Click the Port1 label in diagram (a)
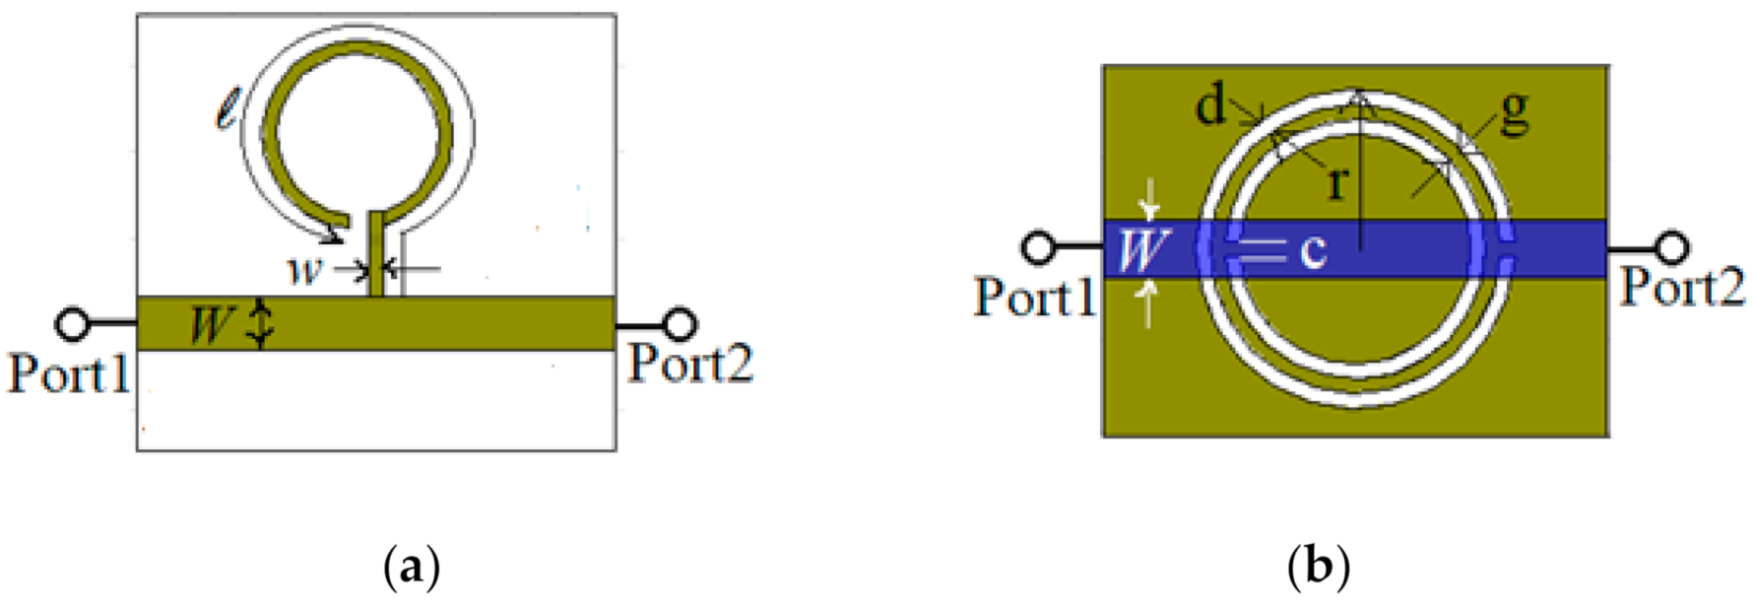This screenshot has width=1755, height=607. [x=69, y=374]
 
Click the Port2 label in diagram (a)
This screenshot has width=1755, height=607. [x=690, y=364]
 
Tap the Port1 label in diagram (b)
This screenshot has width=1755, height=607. [x=1035, y=297]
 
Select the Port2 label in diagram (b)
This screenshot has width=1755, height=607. [x=1682, y=287]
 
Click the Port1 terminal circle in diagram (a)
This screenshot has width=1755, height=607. [x=72, y=323]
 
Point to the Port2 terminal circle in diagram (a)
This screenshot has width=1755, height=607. [x=679, y=323]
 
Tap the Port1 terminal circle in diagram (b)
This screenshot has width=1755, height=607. [x=1038, y=247]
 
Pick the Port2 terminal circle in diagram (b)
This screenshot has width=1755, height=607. [x=1671, y=247]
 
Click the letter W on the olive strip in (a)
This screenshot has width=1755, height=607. [x=212, y=323]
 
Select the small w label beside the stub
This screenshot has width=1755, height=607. [x=304, y=269]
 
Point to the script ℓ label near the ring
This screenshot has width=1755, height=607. [x=227, y=109]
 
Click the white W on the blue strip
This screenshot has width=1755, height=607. [x=1140, y=249]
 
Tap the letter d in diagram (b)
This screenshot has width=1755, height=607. [x=1211, y=104]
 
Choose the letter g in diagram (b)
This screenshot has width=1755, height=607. [x=1513, y=111]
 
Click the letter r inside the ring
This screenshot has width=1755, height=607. [x=1336, y=182]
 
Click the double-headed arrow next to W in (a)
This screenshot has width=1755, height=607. [x=259, y=324]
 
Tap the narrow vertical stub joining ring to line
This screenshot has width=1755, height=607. [x=376, y=253]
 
